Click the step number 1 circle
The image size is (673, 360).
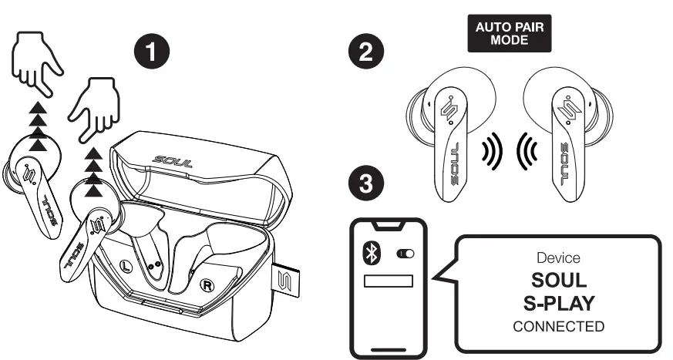pos(155,51)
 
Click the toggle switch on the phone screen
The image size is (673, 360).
pos(404,254)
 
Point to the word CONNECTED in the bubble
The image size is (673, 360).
pos(559,326)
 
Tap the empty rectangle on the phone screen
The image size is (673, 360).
pos(389,281)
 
